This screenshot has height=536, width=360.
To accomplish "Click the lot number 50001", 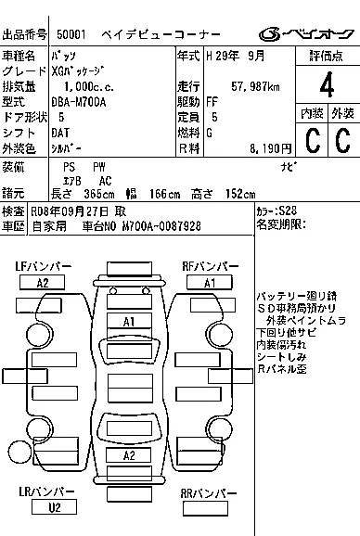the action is (71, 34).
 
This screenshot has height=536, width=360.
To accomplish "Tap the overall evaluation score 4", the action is (327, 84).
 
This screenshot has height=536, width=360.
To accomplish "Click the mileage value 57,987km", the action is (255, 86).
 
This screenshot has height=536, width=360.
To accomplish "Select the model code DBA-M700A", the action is (79, 102).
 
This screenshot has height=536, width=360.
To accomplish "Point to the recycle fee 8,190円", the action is (270, 148).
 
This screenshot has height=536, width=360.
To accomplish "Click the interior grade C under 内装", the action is (313, 140).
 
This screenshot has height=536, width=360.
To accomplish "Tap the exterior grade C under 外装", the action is (342, 140).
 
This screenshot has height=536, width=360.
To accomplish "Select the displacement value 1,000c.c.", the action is (88, 86).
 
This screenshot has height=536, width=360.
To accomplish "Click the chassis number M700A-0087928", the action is (161, 226).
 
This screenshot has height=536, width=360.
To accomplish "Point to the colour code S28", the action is (288, 210).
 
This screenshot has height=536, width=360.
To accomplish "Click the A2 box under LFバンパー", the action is (42, 283).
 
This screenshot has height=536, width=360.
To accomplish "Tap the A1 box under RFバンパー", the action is (210, 283).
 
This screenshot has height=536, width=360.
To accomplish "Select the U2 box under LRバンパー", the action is (54, 507).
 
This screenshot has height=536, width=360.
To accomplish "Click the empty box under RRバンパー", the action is (205, 508).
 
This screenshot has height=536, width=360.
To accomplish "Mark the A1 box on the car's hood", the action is (129, 322).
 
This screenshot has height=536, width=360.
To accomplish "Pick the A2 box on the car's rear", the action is (129, 455).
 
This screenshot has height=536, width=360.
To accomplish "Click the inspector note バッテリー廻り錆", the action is (297, 296).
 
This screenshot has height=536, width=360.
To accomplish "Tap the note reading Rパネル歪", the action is (281, 369).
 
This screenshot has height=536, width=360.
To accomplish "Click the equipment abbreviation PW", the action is (99, 167).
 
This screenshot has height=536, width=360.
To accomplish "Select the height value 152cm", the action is (240, 194).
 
